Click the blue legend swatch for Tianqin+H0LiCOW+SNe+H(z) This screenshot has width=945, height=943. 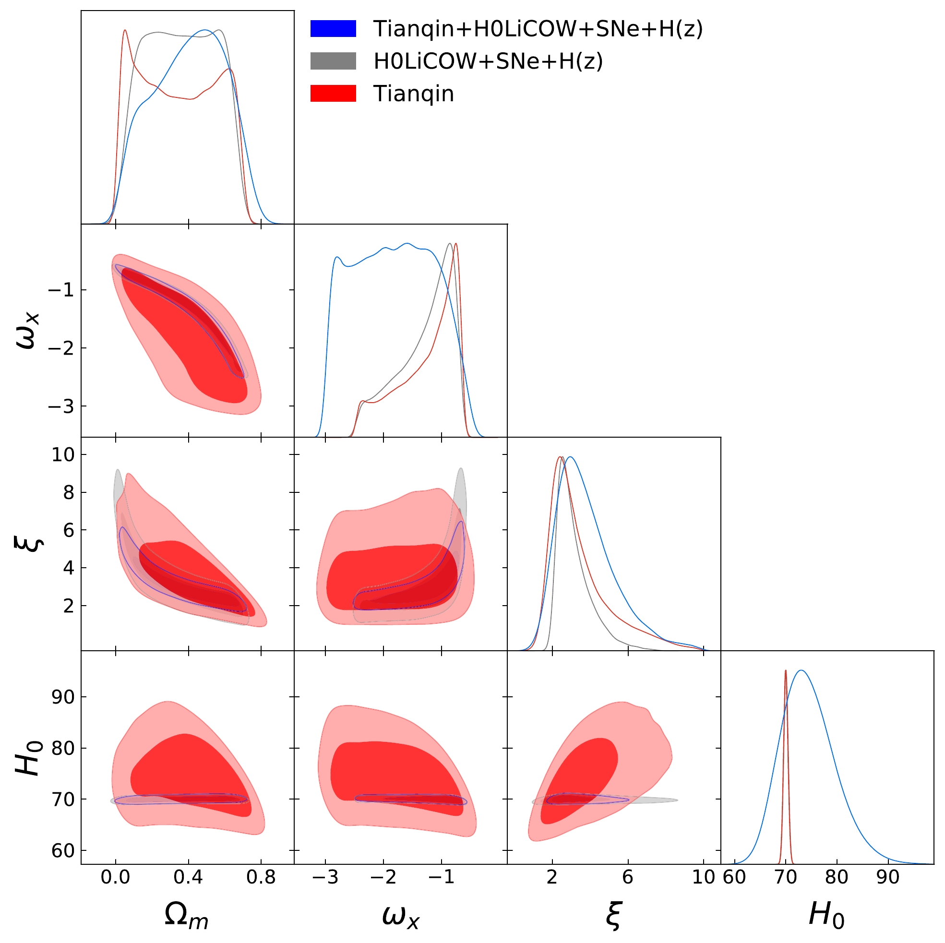(x=333, y=29)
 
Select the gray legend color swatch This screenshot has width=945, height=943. (x=333, y=61)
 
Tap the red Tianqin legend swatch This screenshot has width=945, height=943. (x=333, y=93)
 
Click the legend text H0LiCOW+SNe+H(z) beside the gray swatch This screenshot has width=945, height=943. (x=488, y=61)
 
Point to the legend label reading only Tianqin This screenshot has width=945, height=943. (x=413, y=94)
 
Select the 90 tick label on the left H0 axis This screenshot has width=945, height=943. (x=62, y=697)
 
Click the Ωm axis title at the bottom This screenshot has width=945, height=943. (x=186, y=914)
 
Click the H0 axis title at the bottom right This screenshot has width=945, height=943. (x=826, y=914)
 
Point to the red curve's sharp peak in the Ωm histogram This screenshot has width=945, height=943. (x=125, y=31)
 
